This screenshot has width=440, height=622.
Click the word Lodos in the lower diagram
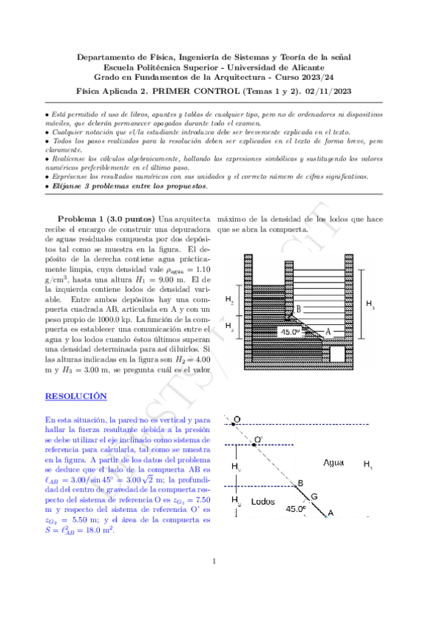click(262, 502)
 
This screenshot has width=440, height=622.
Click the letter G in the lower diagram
click(314, 497)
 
